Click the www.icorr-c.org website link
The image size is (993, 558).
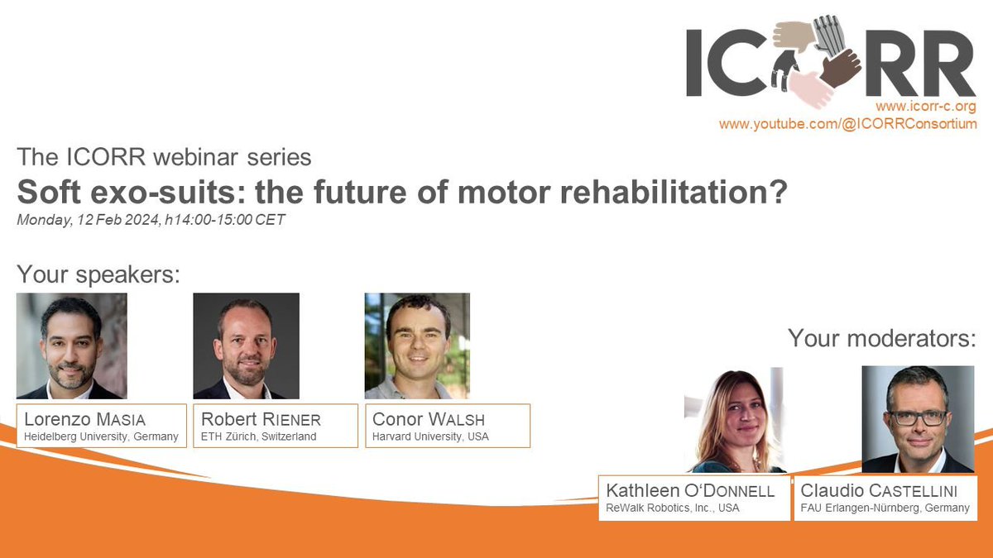926,107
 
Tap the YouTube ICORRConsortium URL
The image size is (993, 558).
847,124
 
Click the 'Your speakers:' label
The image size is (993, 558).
98,274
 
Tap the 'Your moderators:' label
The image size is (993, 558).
881,338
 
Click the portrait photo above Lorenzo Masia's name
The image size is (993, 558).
72,346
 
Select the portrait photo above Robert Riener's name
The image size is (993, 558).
246,346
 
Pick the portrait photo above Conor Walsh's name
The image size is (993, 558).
417,346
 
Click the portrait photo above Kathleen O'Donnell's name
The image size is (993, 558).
733,420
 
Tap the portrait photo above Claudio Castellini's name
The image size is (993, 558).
917,419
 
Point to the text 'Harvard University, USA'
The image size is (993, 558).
430,436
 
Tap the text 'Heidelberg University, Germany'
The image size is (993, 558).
100,436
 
